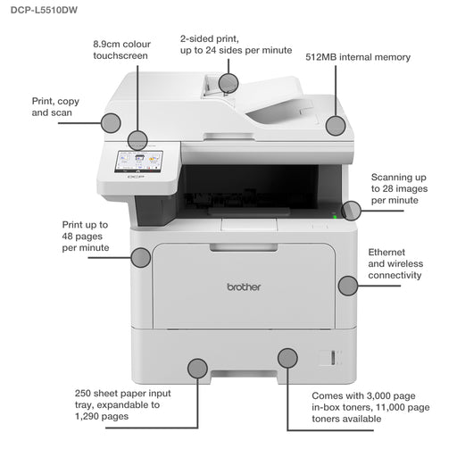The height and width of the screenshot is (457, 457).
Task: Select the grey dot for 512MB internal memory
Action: coord(335,125)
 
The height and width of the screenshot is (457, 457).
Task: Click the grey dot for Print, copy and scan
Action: coord(111,123)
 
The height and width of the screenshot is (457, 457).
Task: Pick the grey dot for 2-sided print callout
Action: coord(228,83)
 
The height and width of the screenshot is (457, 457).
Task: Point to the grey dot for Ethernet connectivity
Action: coord(347,286)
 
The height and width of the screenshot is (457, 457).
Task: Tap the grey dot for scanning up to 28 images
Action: coord(352,211)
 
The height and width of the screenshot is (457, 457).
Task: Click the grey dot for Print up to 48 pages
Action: coord(140,258)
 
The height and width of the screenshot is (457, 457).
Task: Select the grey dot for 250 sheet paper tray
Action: coord(197,367)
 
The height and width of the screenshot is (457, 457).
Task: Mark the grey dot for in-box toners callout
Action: coord(287,358)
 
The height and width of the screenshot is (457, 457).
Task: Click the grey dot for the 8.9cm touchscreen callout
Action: coord(137,139)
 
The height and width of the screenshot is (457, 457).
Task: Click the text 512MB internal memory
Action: coord(358,57)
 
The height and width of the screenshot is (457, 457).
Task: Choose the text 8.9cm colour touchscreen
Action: coord(120,49)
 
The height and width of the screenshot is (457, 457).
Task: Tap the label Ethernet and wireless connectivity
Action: coord(395,264)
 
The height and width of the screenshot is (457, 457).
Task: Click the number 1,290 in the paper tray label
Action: coord(90,417)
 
